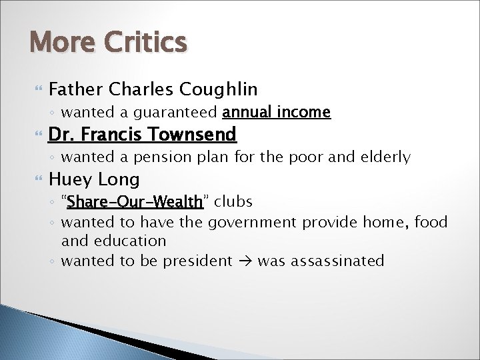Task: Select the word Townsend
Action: [193, 135]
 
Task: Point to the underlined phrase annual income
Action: [277, 112]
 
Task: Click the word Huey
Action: [71, 179]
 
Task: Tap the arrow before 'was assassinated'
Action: [244, 260]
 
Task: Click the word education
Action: [129, 240]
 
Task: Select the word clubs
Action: [233, 201]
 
